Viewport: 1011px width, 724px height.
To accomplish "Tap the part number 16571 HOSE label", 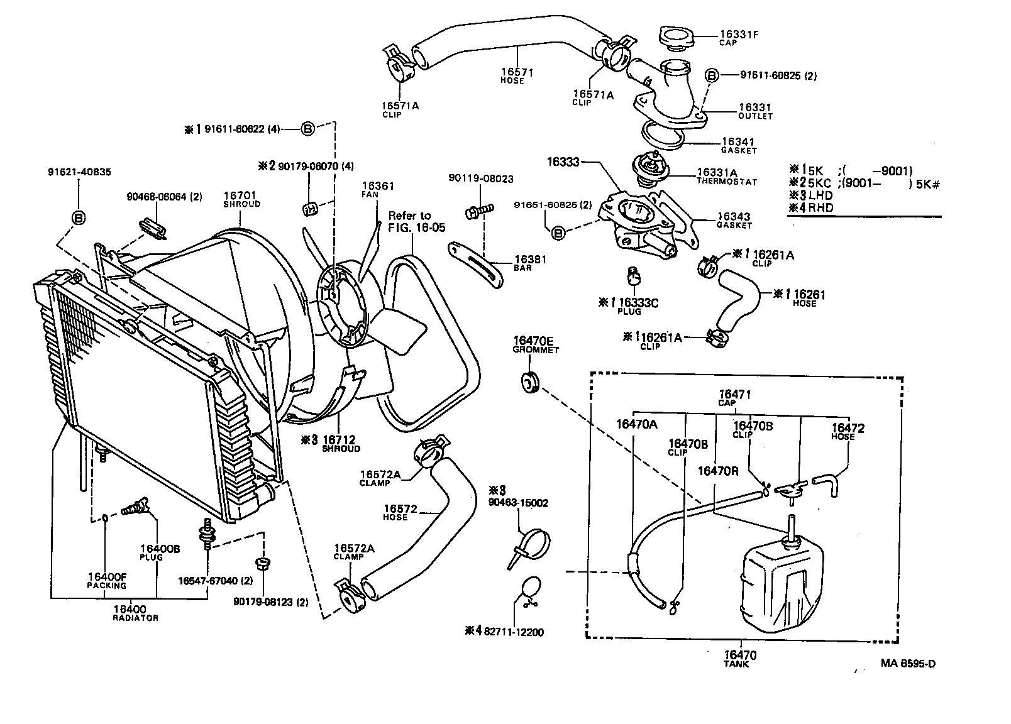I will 517,75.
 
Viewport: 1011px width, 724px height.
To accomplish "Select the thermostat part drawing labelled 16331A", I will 649,171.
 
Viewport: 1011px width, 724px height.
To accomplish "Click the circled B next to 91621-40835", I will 79,217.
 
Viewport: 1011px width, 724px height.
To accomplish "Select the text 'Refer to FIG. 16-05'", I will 412,221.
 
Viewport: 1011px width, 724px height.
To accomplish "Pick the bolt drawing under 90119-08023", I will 477,211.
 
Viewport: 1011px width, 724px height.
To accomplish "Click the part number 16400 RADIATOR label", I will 130,613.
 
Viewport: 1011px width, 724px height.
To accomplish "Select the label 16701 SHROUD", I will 241,199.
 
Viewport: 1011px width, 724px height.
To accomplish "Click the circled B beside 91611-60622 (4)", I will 307,129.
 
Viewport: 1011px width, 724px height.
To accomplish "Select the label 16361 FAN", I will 378,189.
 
